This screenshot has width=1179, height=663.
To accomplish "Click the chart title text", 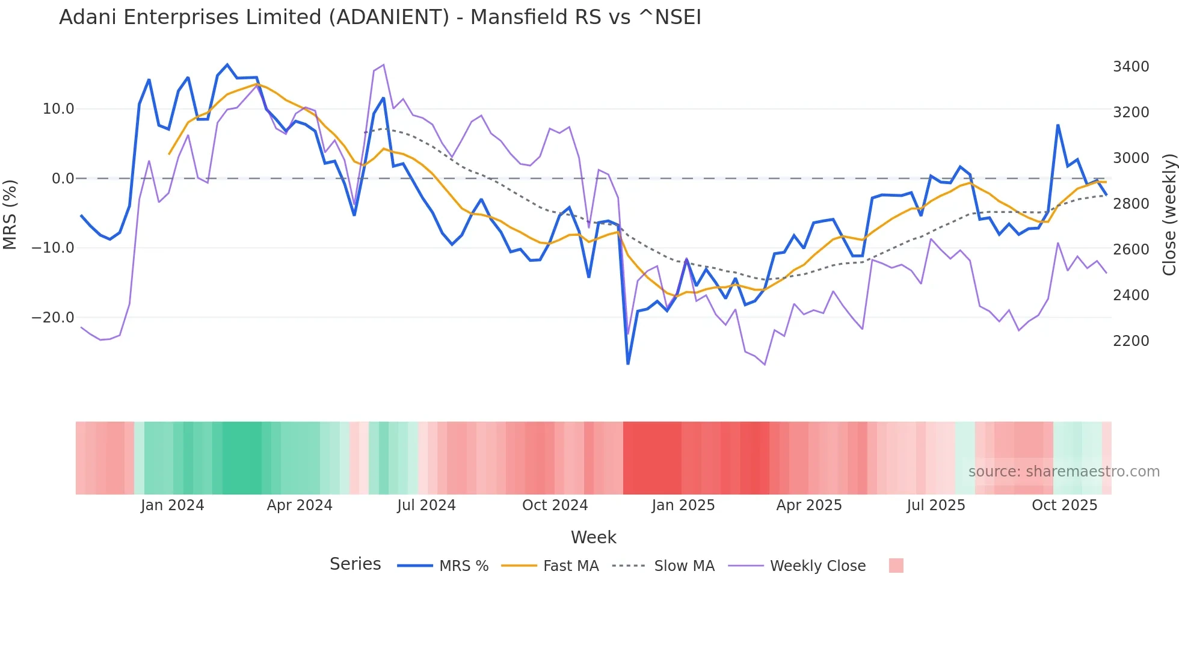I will (x=380, y=17).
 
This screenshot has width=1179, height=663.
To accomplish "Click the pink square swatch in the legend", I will (x=896, y=566).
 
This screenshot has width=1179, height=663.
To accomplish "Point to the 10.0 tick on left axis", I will (x=58, y=109).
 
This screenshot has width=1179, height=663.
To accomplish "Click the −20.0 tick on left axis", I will (x=53, y=318).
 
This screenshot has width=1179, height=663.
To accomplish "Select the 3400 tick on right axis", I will (x=1131, y=67).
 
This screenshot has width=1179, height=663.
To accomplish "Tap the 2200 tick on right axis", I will (x=1131, y=341).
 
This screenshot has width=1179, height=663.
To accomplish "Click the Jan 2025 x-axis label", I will (x=683, y=505).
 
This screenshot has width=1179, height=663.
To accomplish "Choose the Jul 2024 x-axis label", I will (x=426, y=505).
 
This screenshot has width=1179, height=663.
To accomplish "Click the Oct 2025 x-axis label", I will (x=1065, y=505).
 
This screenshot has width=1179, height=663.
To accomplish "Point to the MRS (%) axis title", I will (x=10, y=215).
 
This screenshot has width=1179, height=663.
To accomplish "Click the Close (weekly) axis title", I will (x=1169, y=215).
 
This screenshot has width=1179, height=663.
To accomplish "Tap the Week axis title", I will (x=593, y=537).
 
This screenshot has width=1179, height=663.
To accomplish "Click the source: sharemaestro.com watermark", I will (x=1064, y=472).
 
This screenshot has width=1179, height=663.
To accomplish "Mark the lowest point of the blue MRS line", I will (x=628, y=363).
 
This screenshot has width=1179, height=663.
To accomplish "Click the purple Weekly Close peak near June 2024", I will (x=383, y=65).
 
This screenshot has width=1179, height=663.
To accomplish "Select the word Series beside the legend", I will (x=355, y=564).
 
